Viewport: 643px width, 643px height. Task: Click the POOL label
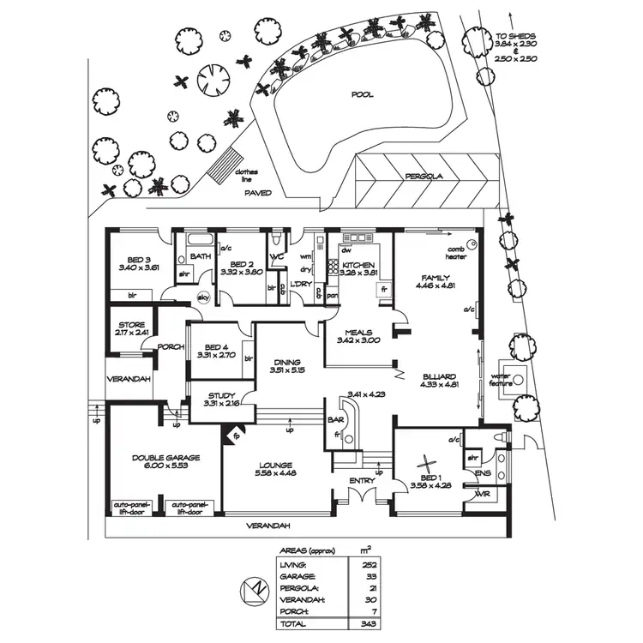pyautogui.click(x=363, y=94)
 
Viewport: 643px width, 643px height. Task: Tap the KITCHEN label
pyautogui.click(x=359, y=266)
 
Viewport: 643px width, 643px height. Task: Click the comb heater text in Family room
pyautogui.click(x=455, y=251)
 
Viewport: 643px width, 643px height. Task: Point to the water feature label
pyautogui.click(x=501, y=380)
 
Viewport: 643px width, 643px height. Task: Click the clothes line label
pyautogui.click(x=245, y=174)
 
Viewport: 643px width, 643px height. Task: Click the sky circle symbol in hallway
pyautogui.click(x=204, y=297)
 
